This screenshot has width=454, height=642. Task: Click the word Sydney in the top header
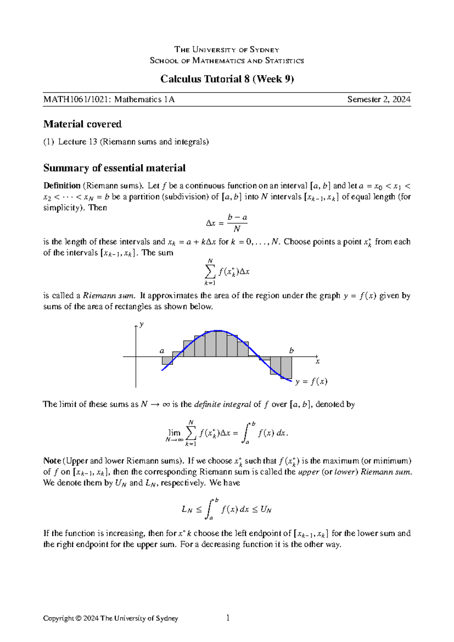(264, 50)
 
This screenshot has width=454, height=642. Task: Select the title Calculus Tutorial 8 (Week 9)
(227, 79)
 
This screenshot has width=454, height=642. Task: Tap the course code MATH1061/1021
(78, 100)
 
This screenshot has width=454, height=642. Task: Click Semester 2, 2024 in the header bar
(379, 100)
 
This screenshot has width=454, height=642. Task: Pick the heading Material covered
(82, 124)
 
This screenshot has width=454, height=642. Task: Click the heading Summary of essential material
(114, 168)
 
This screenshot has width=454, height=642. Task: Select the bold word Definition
(62, 186)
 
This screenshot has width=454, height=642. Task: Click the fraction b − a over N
(237, 223)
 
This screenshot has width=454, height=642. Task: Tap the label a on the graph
(162, 351)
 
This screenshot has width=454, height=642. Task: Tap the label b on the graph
(291, 351)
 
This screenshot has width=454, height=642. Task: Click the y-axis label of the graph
(141, 324)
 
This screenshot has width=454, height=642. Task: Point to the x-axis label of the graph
(318, 362)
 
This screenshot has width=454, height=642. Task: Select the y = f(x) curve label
(311, 382)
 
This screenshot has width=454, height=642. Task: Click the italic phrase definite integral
(222, 404)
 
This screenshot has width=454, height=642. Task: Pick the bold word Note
(52, 461)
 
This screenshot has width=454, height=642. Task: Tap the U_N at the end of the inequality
(266, 510)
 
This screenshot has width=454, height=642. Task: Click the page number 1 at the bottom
(228, 618)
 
